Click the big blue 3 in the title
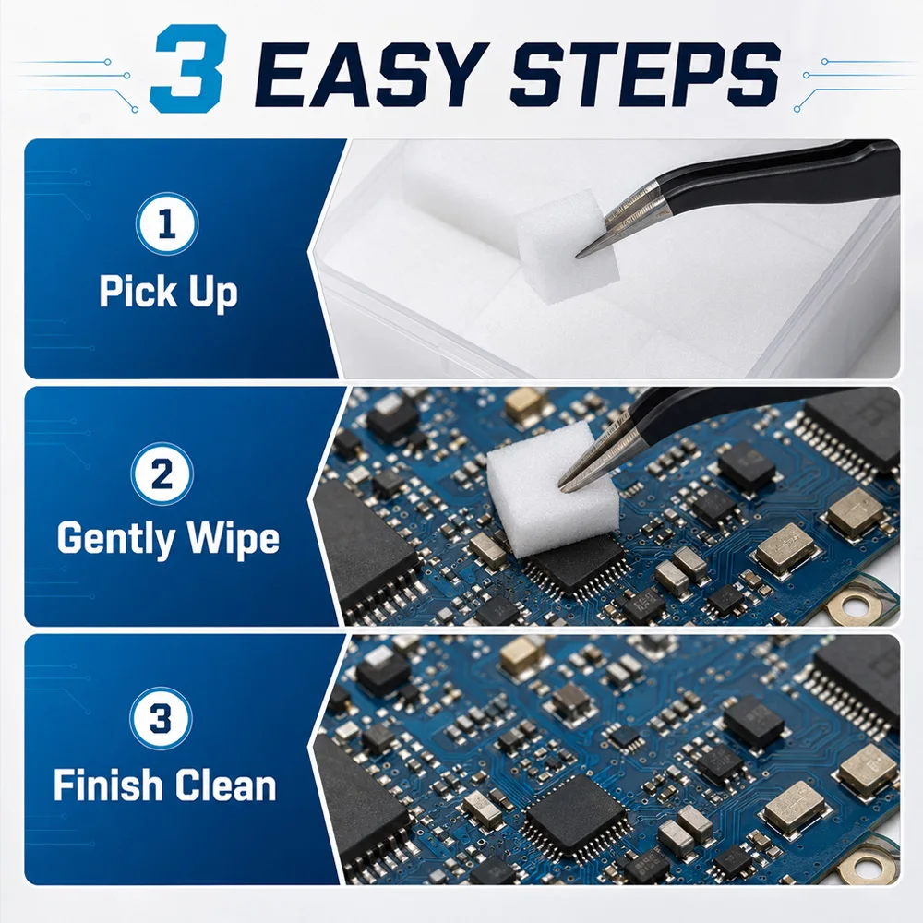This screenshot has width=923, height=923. coord(188,68)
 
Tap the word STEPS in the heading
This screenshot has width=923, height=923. coord(645,74)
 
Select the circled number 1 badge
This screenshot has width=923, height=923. coord(166,223)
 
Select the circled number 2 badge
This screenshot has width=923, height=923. coord(162,473)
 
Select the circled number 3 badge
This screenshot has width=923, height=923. coord(161,718)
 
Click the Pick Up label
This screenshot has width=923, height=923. coord(168,291)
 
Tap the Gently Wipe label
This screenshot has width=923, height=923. coord(168,539)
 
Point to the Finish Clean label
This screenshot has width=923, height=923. coord(165,785)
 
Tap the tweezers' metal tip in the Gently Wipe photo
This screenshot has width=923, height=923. coord(562,487)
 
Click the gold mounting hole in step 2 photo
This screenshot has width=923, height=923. coord(852,605)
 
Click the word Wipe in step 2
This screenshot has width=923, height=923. coord(232,539)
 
